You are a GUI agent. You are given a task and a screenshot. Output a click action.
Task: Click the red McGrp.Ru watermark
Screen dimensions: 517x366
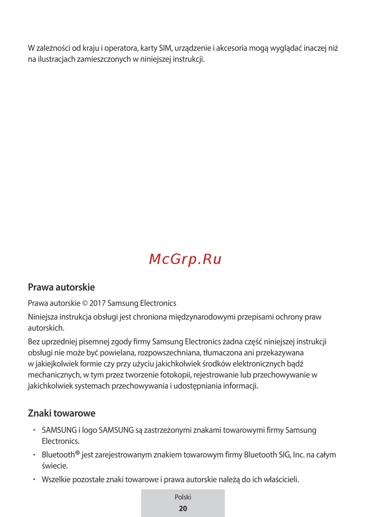(x=185, y=259)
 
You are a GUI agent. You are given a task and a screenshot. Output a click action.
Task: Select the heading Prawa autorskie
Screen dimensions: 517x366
(x=61, y=287)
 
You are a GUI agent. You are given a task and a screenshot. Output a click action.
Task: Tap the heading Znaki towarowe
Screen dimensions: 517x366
(x=61, y=414)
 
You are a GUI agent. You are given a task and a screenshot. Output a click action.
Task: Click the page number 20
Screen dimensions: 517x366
(x=183, y=509)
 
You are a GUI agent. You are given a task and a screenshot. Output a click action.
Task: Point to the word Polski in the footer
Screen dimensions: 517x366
(x=183, y=497)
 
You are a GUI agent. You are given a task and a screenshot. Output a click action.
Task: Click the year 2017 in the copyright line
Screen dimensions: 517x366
(x=97, y=303)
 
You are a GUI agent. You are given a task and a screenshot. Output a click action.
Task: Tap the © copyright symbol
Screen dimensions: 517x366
(x=85, y=303)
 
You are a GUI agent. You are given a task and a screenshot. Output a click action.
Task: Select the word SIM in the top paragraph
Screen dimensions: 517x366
(x=165, y=48)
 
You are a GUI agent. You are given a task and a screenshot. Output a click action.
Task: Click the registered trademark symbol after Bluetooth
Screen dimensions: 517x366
(x=77, y=453)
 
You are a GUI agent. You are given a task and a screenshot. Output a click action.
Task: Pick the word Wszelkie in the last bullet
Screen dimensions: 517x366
(x=56, y=480)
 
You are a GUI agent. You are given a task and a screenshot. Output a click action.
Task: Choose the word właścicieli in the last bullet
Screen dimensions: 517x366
(x=281, y=480)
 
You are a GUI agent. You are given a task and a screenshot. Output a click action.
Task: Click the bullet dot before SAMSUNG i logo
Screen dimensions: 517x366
(x=34, y=430)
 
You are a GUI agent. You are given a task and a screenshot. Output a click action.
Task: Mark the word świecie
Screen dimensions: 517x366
(x=55, y=466)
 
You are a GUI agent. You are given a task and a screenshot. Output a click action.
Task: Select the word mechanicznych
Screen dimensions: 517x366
(x=54, y=375)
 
